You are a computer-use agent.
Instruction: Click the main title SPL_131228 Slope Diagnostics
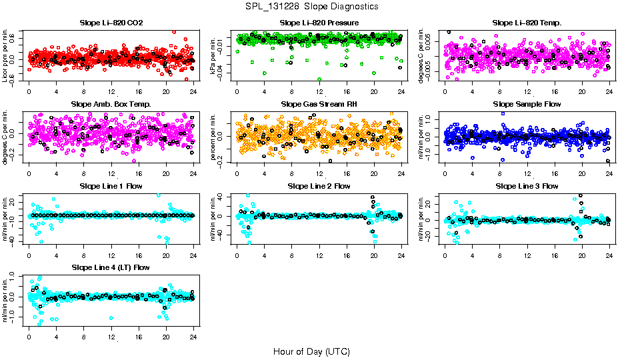tap(311, 7)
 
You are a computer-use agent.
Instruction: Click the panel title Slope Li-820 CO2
tap(111, 23)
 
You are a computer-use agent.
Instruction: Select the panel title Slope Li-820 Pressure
tap(319, 23)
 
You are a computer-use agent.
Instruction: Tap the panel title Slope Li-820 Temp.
tap(527, 23)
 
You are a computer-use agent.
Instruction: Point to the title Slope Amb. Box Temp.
tap(111, 105)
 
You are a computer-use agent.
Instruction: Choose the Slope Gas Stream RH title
tap(319, 105)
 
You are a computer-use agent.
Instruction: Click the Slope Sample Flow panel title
tap(527, 105)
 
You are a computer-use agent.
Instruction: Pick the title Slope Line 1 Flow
tap(111, 186)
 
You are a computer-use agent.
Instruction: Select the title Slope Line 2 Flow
tap(319, 186)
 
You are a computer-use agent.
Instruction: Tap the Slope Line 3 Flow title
tap(527, 186)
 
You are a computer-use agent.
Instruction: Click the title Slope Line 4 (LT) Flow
tap(111, 268)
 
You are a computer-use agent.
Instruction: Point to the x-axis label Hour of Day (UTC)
tap(311, 351)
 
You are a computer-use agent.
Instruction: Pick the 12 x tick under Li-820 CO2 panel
tap(111, 92)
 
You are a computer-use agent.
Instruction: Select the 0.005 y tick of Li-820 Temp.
tap(435, 42)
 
